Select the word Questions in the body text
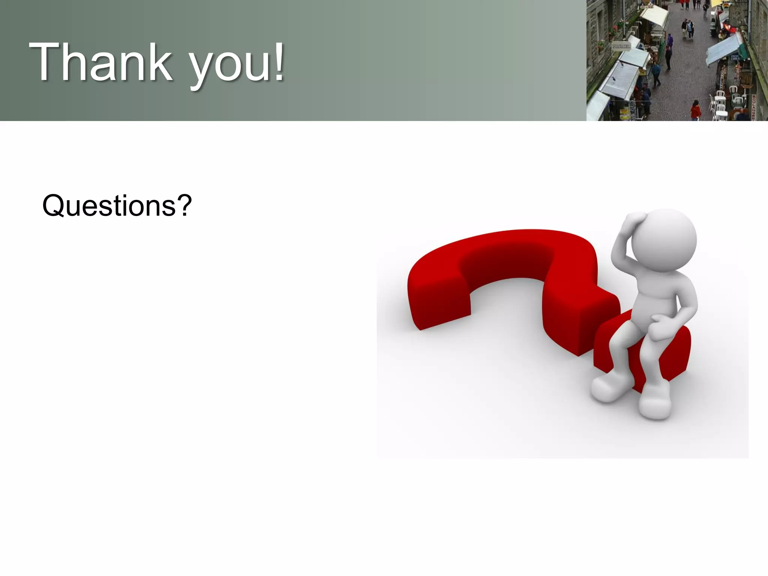[x=109, y=206]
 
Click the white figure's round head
[x=664, y=240]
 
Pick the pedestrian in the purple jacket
[x=670, y=40]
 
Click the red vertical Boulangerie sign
[x=754, y=107]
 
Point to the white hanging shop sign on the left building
[x=621, y=46]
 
